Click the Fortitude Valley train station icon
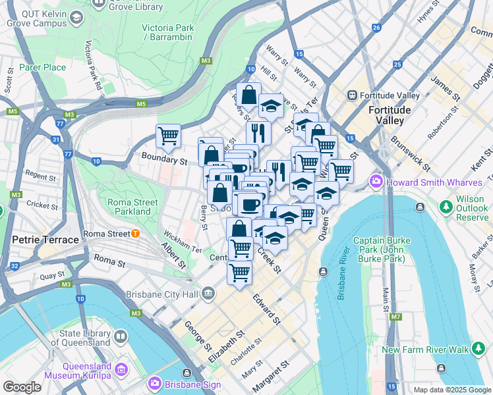[x=353, y=95]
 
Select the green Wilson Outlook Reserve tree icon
[x=446, y=209]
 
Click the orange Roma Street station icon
[x=135, y=233]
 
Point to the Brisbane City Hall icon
[x=209, y=293]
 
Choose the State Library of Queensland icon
[x=120, y=337]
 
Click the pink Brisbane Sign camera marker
[x=155, y=382]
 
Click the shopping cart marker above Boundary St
[x=169, y=136]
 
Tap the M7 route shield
[x=395, y=317]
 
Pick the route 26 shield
[x=376, y=28]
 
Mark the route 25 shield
[x=397, y=65]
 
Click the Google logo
[x=22, y=387]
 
